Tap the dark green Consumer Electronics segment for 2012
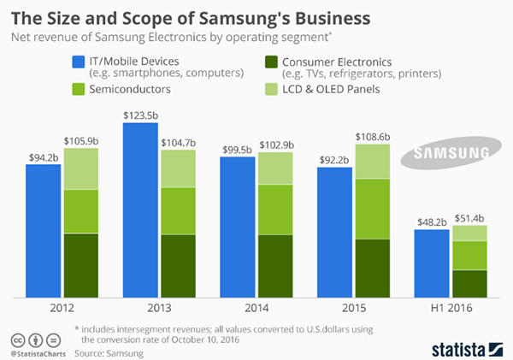(81, 265)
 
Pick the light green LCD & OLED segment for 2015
(373, 162)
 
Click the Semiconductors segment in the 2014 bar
(275, 209)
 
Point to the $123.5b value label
(140, 115)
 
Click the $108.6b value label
(373, 136)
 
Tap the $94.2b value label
(43, 156)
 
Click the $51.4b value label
(469, 217)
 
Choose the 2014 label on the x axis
(256, 307)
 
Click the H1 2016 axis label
(451, 307)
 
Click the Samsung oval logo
(451, 155)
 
